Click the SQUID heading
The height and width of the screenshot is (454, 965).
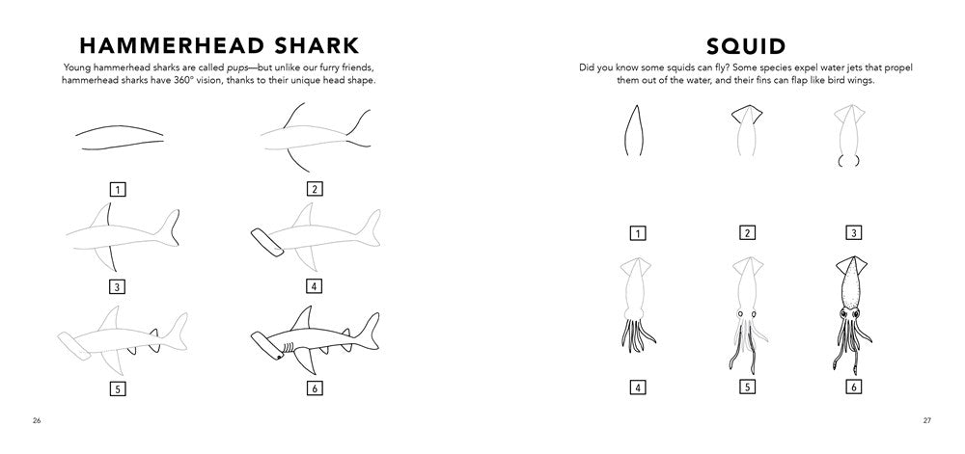(746, 46)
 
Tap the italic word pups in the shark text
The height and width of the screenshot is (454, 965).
(220, 67)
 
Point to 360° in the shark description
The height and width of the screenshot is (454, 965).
(190, 80)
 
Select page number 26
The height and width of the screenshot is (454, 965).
(37, 421)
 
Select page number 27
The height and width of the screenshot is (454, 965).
(926, 421)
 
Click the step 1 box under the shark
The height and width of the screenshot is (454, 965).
(117, 189)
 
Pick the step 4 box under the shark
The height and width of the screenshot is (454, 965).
(314, 285)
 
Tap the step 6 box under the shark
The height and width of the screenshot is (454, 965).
(314, 387)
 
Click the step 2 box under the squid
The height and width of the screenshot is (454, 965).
(747, 233)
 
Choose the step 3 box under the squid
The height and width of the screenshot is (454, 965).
(853, 233)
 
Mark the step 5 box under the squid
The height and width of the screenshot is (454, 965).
(747, 387)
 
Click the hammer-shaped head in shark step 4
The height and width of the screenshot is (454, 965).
(267, 242)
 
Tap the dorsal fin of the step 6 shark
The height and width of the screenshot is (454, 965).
(303, 319)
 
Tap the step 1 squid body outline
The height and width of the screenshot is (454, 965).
(634, 129)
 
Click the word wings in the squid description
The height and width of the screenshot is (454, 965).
(861, 80)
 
